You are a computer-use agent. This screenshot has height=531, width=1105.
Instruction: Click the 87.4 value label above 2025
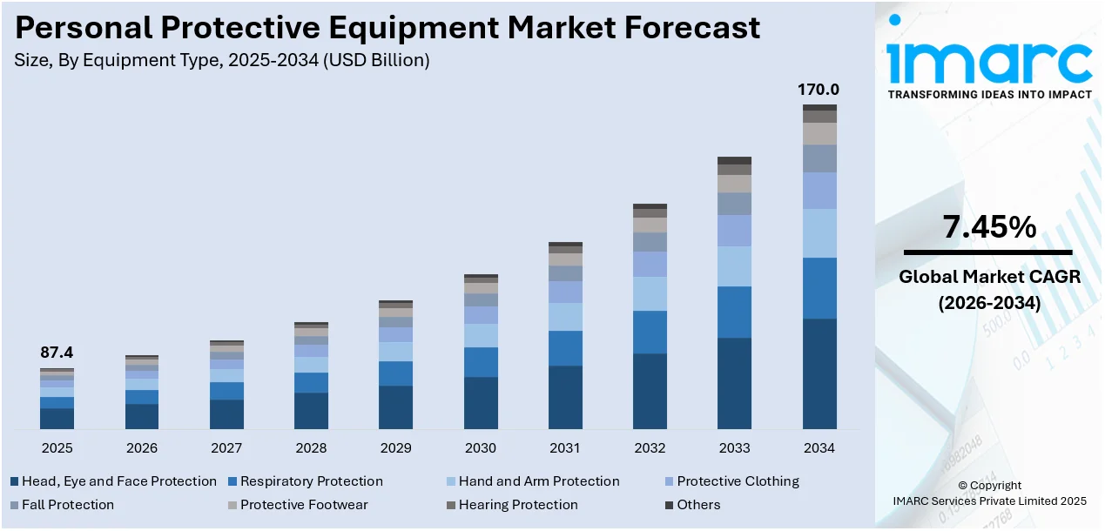(x=57, y=353)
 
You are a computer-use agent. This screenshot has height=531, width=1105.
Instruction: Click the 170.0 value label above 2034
(x=819, y=90)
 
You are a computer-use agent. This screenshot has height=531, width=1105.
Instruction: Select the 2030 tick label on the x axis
(x=480, y=448)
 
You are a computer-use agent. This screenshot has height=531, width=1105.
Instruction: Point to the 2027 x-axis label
(x=226, y=448)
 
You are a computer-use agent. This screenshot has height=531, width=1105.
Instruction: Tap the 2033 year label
(x=734, y=448)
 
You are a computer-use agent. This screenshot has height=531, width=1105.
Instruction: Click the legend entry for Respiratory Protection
(x=311, y=481)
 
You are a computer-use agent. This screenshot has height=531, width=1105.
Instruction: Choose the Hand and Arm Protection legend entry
(x=538, y=481)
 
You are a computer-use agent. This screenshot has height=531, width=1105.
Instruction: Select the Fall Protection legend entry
(x=67, y=505)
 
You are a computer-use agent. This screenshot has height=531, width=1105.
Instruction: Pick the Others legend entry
(x=698, y=505)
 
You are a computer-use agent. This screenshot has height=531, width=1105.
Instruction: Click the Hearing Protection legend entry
(x=517, y=505)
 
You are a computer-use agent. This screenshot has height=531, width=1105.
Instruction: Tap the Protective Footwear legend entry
(x=304, y=505)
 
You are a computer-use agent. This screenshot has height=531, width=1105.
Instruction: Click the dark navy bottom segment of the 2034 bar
(x=819, y=373)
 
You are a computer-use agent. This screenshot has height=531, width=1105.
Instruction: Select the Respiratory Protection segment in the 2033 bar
(x=734, y=312)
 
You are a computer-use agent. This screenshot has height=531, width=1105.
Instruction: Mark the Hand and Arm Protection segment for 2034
(x=819, y=232)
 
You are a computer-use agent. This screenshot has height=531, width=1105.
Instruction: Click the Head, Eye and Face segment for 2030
(x=481, y=402)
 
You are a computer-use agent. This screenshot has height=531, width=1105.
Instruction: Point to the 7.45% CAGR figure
(x=989, y=228)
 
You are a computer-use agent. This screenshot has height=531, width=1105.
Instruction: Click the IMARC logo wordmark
(x=989, y=61)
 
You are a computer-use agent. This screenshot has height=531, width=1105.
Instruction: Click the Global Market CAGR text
(x=989, y=278)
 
